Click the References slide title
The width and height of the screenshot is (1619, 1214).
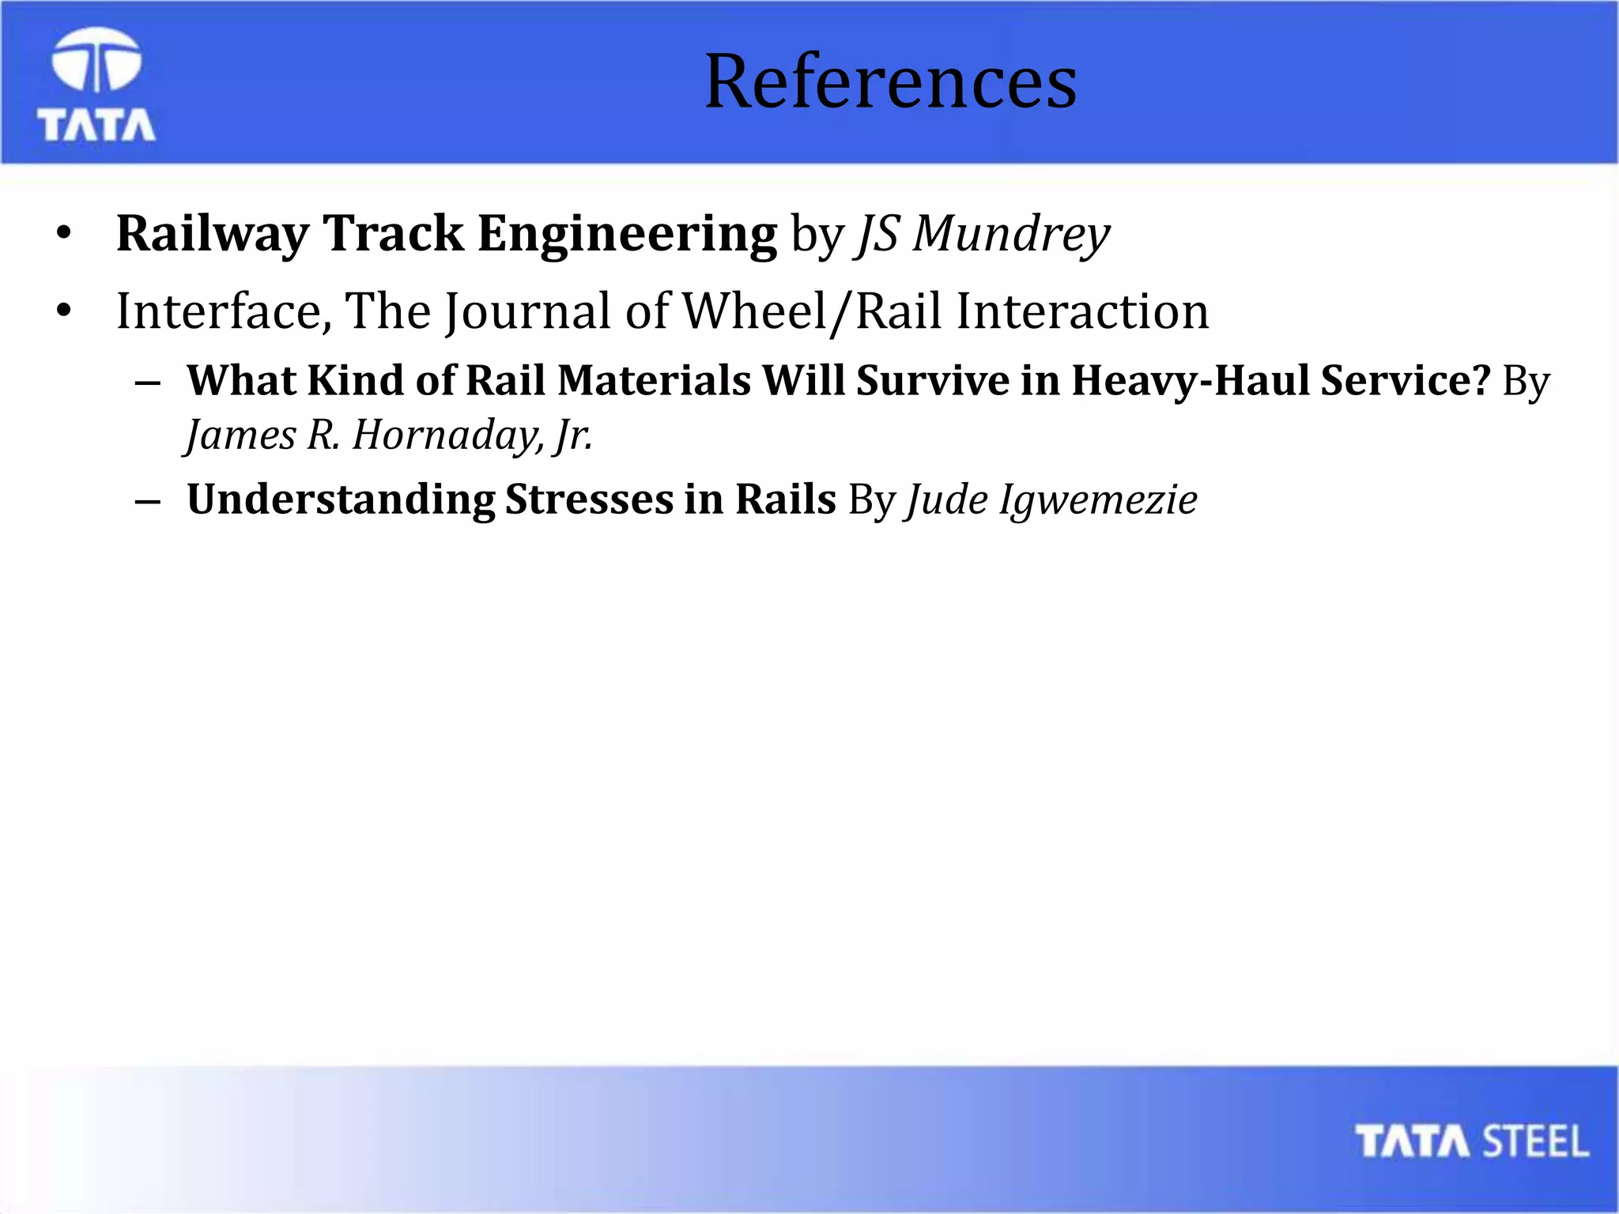[890, 81]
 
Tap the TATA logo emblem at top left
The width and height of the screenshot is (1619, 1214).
[96, 60]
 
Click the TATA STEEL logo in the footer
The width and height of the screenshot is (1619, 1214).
[1471, 1141]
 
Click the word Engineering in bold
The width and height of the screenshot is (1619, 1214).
[627, 235]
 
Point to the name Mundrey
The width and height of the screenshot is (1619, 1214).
[1011, 235]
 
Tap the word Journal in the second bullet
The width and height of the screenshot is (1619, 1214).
[527, 311]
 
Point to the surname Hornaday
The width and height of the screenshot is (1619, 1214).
[447, 435]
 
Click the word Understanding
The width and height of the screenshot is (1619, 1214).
[341, 500]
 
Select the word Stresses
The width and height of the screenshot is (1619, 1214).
[589, 500]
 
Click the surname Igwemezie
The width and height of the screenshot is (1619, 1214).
[1098, 500]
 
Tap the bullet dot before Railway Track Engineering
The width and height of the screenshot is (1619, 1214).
[64, 234]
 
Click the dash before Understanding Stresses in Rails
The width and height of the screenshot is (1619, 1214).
[148, 501]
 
